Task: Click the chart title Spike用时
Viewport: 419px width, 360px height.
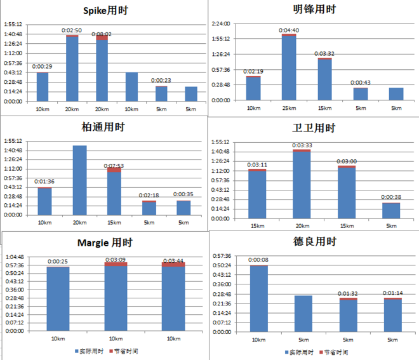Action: click(105, 11)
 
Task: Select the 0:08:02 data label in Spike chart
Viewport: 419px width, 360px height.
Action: click(102, 34)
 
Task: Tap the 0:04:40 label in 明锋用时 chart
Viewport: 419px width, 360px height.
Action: click(289, 30)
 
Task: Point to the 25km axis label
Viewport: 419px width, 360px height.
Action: click(289, 108)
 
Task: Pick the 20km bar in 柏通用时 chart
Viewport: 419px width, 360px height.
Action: click(79, 180)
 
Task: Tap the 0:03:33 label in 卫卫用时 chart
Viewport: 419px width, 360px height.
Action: click(302, 146)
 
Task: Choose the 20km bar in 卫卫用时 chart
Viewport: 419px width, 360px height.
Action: click(302, 184)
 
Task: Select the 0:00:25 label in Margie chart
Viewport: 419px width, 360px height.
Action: click(58, 262)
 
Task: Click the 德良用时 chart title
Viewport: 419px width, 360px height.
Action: click(314, 242)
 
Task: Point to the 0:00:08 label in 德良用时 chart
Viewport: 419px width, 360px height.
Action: click(258, 260)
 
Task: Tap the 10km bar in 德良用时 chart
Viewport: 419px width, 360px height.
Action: click(258, 298)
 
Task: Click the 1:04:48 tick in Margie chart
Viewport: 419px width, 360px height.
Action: click(15, 257)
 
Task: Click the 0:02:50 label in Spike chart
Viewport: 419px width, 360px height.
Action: click(72, 30)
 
